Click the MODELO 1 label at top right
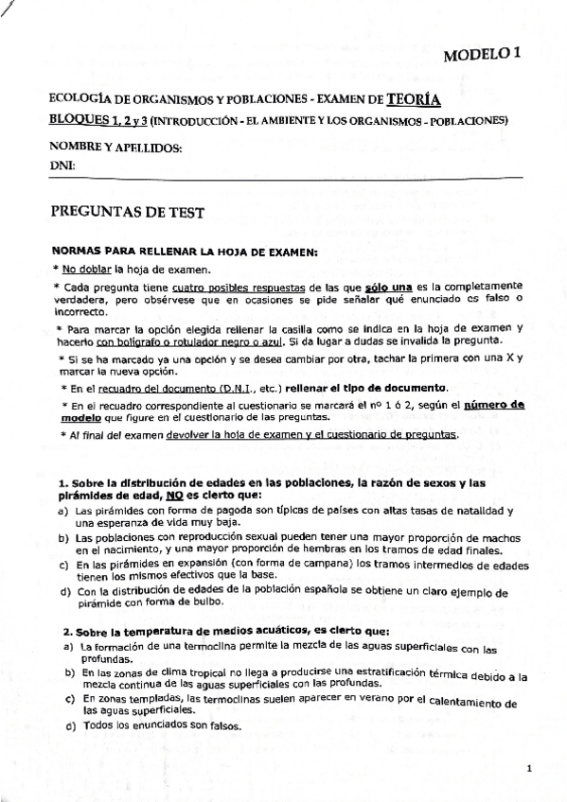[482, 56]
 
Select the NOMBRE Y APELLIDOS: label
[115, 148]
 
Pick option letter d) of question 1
[64, 592]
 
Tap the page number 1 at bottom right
[530, 768]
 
